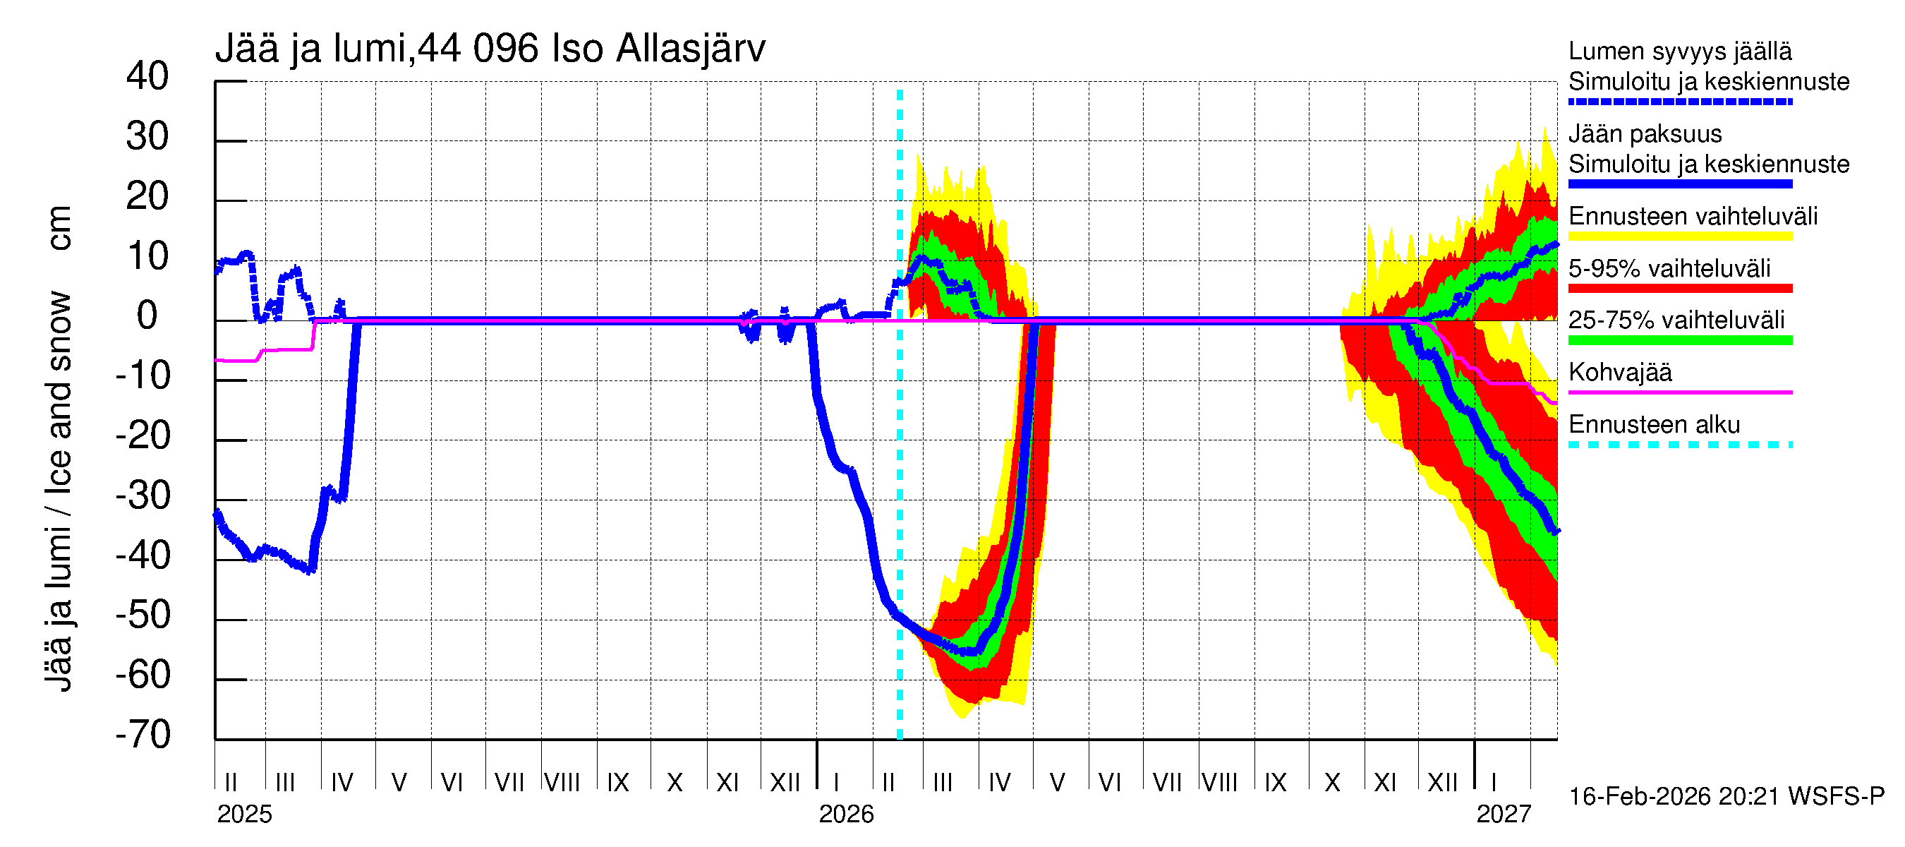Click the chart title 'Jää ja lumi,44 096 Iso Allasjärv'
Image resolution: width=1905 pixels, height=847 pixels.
tap(490, 49)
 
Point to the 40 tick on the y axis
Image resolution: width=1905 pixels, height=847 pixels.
tap(147, 76)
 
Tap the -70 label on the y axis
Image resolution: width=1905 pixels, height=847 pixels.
tap(143, 735)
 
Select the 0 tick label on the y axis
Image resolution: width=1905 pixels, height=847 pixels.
tap(147, 316)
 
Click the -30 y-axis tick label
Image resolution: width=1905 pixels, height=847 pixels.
tap(143, 495)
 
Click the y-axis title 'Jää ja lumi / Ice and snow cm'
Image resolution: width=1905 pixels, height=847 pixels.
tap(59, 447)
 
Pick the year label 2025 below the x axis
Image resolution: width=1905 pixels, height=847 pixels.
tap(244, 815)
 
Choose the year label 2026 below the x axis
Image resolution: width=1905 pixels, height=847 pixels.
tap(846, 815)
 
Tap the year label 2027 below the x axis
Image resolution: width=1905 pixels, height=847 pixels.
tap(1504, 815)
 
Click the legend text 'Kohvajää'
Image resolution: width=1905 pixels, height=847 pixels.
tap(1619, 372)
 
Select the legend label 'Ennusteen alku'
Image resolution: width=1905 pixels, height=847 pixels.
tap(1655, 425)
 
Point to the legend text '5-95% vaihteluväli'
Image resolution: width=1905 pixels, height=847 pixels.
tap(1669, 268)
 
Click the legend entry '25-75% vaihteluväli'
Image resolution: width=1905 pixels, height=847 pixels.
tap(1676, 320)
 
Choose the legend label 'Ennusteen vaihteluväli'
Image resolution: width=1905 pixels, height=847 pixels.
tap(1693, 216)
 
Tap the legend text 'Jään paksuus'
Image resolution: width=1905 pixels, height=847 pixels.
tap(1645, 134)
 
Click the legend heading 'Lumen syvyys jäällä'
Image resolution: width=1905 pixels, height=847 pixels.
tap(1680, 51)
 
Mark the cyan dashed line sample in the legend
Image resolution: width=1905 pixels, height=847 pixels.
tap(1679, 445)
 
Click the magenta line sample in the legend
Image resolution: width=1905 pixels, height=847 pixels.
tap(1679, 392)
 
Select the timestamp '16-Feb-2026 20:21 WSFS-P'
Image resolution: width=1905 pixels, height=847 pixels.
tap(1726, 797)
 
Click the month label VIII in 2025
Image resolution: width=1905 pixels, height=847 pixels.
tap(562, 782)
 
